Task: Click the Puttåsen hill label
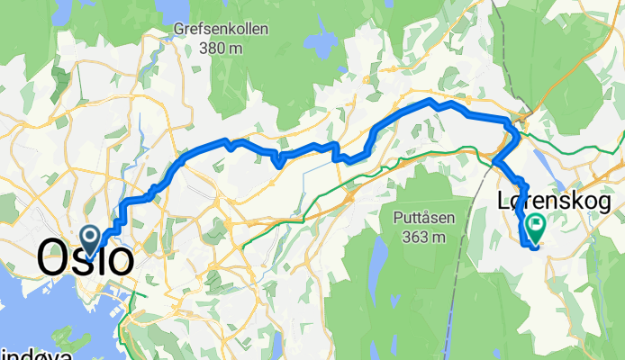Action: [x=423, y=217]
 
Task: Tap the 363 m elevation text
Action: [x=423, y=237]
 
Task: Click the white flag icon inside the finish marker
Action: [x=536, y=223]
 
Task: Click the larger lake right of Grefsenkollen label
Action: [x=317, y=44]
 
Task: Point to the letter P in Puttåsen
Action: [x=397, y=217]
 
